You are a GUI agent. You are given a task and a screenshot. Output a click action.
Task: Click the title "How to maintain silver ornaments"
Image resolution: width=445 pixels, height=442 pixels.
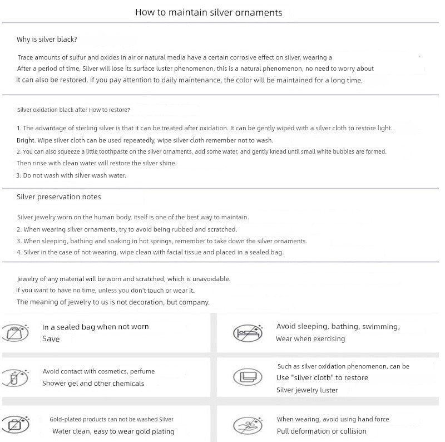click(209, 12)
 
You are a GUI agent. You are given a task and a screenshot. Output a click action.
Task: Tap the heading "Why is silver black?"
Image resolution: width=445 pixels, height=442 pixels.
click(47, 40)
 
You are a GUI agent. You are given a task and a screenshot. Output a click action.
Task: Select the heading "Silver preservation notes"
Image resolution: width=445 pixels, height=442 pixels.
click(58, 197)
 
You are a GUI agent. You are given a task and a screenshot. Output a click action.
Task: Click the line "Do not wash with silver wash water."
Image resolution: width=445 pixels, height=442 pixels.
click(71, 175)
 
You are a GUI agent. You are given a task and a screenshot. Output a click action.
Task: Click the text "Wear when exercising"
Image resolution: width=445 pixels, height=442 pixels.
click(310, 339)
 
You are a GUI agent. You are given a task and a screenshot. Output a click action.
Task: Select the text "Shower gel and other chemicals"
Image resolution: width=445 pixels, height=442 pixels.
click(93, 384)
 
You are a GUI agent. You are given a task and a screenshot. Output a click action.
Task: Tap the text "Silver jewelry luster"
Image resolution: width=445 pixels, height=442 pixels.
click(307, 390)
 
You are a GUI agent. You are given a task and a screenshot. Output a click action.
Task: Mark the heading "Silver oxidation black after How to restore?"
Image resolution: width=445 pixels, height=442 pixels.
click(73, 110)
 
